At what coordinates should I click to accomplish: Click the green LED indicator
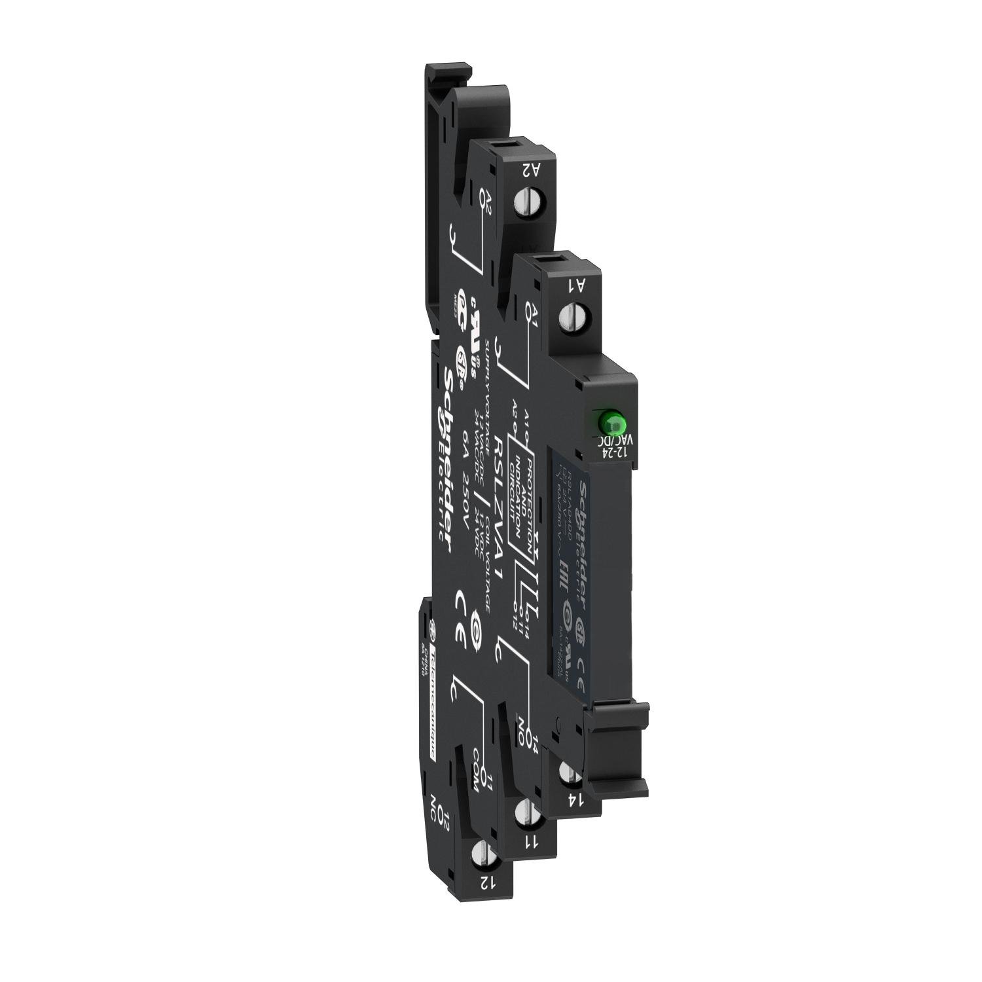[609, 420]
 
